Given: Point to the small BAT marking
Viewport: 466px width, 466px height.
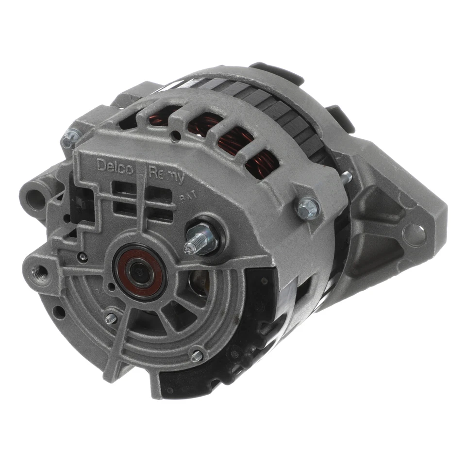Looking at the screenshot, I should click(x=186, y=197).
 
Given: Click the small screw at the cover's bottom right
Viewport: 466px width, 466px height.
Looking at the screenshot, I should click(x=197, y=355).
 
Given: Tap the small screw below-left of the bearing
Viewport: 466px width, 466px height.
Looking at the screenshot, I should click(x=111, y=318).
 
